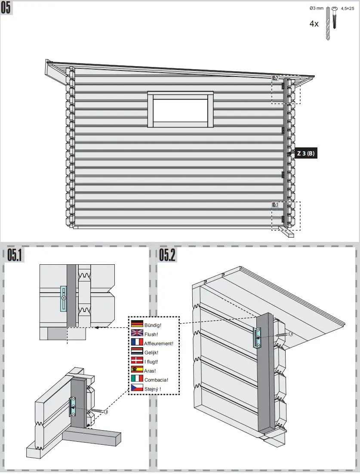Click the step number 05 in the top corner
pyautogui.click(x=6, y=8)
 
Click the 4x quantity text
pyautogui.click(x=314, y=24)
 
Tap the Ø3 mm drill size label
pyautogui.click(x=316, y=8)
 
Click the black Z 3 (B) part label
pyautogui.click(x=306, y=153)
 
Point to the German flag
pyautogui.click(x=137, y=324)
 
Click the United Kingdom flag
pyautogui.click(x=137, y=333)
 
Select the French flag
pyautogui.click(x=137, y=343)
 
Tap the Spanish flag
pyautogui.click(x=137, y=370)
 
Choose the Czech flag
pyautogui.click(x=137, y=388)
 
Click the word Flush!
pyautogui.click(x=151, y=333)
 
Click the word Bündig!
pyautogui.click(x=153, y=324)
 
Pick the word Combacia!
pyautogui.click(x=156, y=379)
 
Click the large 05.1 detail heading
pyautogui.click(x=15, y=256)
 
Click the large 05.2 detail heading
pyautogui.click(x=167, y=256)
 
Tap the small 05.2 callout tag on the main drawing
pyautogui.click(x=275, y=78)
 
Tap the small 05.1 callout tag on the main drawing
pyautogui.click(x=275, y=205)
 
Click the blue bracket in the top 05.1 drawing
pyautogui.click(x=64, y=298)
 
